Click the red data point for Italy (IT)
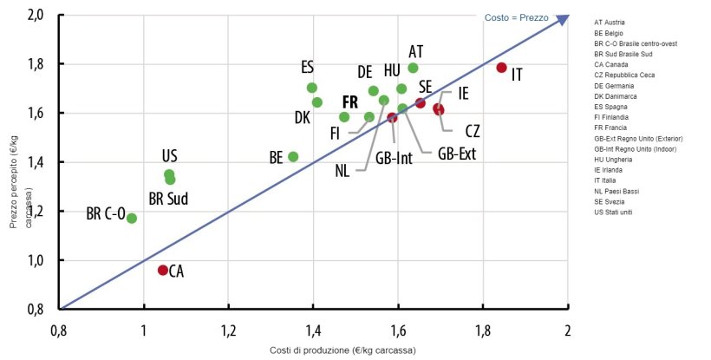(501, 68)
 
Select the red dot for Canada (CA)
(163, 271)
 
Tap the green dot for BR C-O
(132, 218)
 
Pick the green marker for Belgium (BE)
(293, 157)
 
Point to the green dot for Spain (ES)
(312, 88)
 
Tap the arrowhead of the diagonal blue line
(564, 18)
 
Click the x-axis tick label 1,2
(229, 331)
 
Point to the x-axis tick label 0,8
(59, 331)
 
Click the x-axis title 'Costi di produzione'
(342, 350)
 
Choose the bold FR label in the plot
(349, 101)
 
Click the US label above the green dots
(170, 156)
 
